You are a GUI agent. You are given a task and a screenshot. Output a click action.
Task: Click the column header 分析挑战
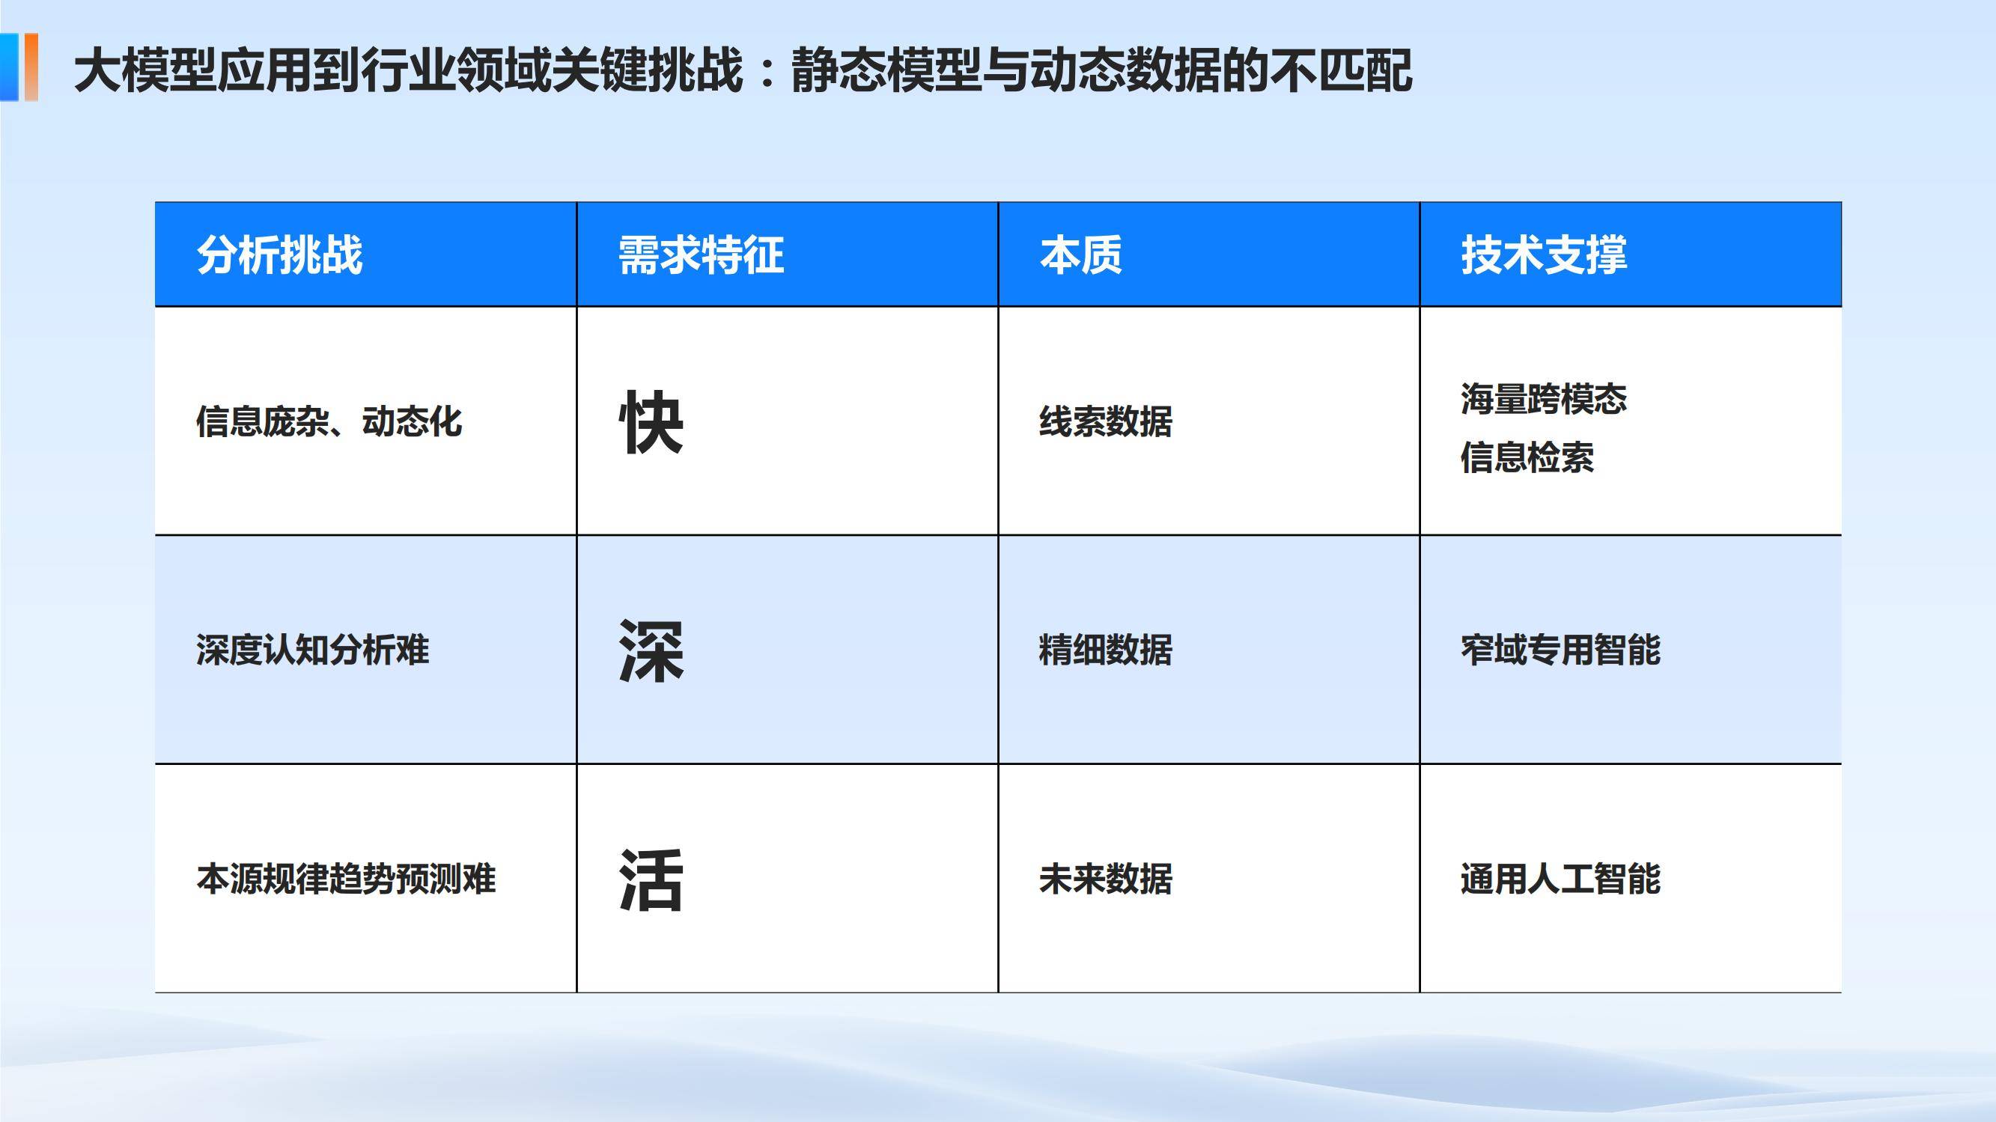click(x=279, y=255)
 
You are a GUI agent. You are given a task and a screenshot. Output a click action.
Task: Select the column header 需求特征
click(x=701, y=255)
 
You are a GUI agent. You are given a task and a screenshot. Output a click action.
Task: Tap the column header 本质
click(x=1080, y=255)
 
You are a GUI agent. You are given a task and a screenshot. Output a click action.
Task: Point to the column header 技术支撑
click(x=1544, y=255)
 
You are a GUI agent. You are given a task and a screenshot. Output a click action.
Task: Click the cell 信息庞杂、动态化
click(x=329, y=422)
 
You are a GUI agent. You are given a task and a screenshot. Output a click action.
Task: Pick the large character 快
click(x=651, y=422)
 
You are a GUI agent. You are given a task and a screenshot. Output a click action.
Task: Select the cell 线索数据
click(x=1105, y=422)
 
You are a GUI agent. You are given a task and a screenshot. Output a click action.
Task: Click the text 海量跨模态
click(x=1544, y=399)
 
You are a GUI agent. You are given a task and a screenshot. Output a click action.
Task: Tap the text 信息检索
click(x=1527, y=457)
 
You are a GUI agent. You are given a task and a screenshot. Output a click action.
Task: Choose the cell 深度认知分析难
click(x=311, y=650)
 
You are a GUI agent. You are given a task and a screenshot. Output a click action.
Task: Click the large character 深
click(x=651, y=651)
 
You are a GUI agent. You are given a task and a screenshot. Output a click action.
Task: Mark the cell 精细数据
click(x=1105, y=650)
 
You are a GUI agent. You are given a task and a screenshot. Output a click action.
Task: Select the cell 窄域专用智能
click(x=1560, y=650)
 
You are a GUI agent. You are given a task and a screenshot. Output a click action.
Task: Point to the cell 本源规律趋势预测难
click(x=346, y=879)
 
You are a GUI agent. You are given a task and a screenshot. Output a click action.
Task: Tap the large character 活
click(x=651, y=880)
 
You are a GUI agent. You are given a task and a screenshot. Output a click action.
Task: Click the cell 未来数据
click(x=1105, y=879)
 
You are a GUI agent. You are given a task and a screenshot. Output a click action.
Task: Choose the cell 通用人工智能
click(x=1560, y=879)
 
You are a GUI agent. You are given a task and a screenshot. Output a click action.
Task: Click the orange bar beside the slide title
click(x=30, y=67)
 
